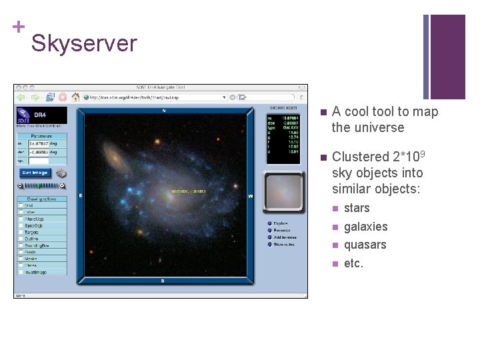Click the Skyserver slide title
click(x=84, y=43)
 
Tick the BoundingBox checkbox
click(x=21, y=245)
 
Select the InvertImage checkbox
click(x=21, y=271)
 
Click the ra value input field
click(x=47, y=143)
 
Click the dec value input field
click(x=47, y=152)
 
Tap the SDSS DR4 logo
click(x=41, y=116)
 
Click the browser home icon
click(x=75, y=97)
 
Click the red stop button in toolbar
click(x=63, y=97)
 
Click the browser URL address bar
click(x=167, y=97)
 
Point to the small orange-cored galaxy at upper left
click(x=117, y=158)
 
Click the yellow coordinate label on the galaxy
click(x=189, y=191)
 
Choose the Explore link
click(x=281, y=223)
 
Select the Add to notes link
click(x=283, y=237)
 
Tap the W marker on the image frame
click(x=251, y=196)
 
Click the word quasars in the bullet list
click(x=365, y=245)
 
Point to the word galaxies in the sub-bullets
click(x=365, y=227)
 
